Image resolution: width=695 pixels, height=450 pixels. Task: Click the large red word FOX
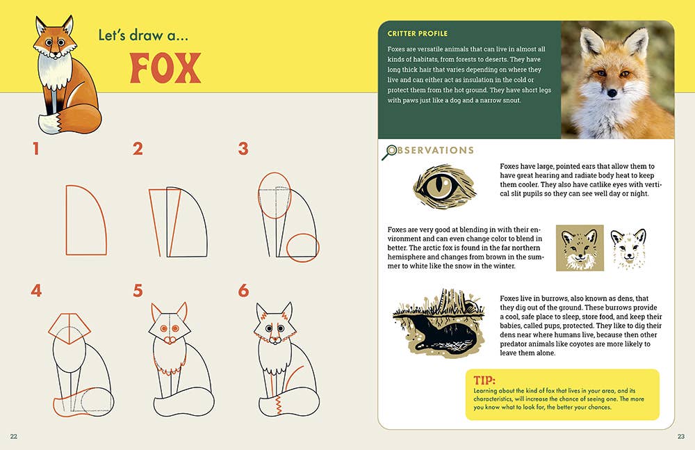pyautogui.click(x=165, y=68)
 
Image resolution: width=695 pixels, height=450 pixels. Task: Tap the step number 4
pyautogui.click(x=36, y=291)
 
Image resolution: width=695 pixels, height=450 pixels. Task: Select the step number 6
pyautogui.click(x=243, y=291)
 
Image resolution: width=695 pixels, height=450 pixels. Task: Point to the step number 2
pyautogui.click(x=138, y=149)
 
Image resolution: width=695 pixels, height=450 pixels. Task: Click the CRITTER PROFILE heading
pyautogui.click(x=418, y=33)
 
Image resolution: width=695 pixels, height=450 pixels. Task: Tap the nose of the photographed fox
pyautogui.click(x=612, y=93)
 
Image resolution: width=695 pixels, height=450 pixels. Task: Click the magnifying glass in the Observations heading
pyautogui.click(x=390, y=152)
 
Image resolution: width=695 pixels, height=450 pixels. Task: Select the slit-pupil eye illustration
pyautogui.click(x=445, y=186)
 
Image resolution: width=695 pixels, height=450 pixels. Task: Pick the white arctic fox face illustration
pyautogui.click(x=628, y=248)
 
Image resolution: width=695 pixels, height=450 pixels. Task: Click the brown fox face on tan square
pyautogui.click(x=580, y=248)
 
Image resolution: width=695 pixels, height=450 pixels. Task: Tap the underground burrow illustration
pyautogui.click(x=437, y=323)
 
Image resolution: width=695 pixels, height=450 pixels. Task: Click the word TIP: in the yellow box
pyautogui.click(x=484, y=380)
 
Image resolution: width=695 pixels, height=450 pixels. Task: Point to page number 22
pyautogui.click(x=14, y=436)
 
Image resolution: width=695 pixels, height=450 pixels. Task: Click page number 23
pyautogui.click(x=681, y=436)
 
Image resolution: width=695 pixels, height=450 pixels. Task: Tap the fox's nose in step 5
pyautogui.click(x=170, y=340)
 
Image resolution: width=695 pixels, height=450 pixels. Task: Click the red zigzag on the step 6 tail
pyautogui.click(x=278, y=404)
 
